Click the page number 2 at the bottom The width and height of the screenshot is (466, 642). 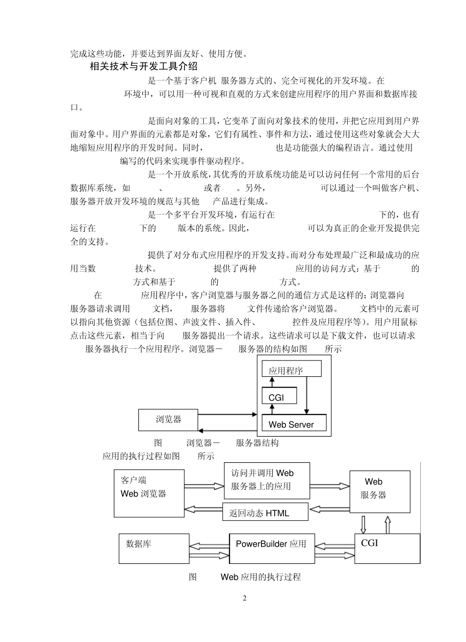click(245, 598)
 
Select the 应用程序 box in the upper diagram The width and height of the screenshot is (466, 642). click(291, 369)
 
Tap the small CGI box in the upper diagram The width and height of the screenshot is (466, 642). click(279, 396)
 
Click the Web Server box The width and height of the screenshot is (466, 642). click(294, 423)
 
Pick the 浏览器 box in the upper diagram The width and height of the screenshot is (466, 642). click(169, 419)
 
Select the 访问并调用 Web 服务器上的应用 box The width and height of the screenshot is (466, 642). click(267, 480)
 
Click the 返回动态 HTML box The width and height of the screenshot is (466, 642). click(265, 512)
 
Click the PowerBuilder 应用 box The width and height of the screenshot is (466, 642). click(272, 548)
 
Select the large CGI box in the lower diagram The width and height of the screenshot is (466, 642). click(387, 548)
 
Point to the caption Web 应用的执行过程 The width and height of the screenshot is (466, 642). click(260, 577)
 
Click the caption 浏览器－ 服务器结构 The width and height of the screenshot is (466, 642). click(232, 443)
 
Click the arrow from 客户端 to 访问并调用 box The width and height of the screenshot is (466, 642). click(204, 486)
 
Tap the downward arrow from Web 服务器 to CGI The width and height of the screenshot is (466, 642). click(363, 524)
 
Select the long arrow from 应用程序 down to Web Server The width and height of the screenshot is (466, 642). click(307, 394)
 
